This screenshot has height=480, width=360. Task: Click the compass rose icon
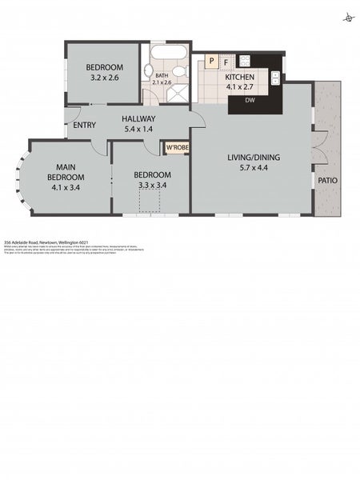click(x=347, y=17)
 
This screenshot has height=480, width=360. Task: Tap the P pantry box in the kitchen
click(x=211, y=60)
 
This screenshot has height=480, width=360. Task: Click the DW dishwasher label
click(x=250, y=101)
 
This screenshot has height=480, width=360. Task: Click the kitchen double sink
click(x=275, y=78)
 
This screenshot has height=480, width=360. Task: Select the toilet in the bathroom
click(x=149, y=72)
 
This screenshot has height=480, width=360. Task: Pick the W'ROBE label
click(x=175, y=148)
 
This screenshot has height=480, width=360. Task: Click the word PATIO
click(x=327, y=181)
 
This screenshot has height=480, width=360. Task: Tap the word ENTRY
click(x=84, y=126)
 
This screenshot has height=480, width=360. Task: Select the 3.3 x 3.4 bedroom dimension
click(x=151, y=185)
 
